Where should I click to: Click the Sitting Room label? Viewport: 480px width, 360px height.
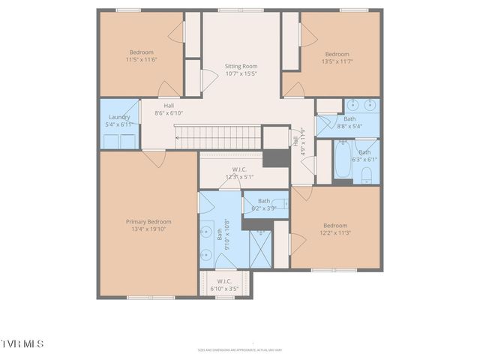click(x=241, y=66)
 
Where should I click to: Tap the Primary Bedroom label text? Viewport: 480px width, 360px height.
click(x=148, y=222)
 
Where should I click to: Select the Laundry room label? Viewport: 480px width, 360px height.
click(x=118, y=117)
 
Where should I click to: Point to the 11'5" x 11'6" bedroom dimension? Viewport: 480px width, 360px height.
click(x=141, y=60)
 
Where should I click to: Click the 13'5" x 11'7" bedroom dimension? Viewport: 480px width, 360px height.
click(x=337, y=61)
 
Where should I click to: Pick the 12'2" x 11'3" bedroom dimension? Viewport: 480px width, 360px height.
click(x=335, y=233)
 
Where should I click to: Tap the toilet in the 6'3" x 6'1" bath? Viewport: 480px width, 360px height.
click(x=367, y=175)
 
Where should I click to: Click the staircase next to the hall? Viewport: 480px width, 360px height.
click(x=217, y=136)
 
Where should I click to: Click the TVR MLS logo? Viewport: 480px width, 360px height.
click(x=22, y=343)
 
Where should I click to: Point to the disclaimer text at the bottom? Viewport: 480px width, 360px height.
click(x=240, y=349)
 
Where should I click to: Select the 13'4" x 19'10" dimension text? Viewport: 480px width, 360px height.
click(x=148, y=229)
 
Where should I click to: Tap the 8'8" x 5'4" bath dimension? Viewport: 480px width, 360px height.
click(x=350, y=126)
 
